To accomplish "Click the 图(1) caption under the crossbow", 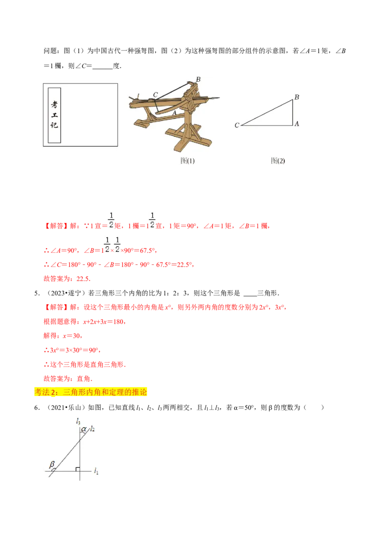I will tap(188, 161).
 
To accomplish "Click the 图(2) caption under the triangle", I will tap(278, 161).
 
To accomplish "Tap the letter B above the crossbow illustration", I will tap(198, 79).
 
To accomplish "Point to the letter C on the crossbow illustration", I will tap(155, 95).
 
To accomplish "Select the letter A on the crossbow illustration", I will tap(174, 113).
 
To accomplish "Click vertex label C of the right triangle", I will tap(237, 125).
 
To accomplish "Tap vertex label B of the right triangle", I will tap(296, 97).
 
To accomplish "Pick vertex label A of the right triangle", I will tap(296, 124).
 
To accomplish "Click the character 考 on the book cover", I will tap(54, 105).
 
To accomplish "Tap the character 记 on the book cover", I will tap(54, 126).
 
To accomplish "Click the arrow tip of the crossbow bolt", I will tap(218, 98).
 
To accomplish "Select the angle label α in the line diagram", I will tap(84, 429).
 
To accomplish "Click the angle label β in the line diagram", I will tap(52, 464).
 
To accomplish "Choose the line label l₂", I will tap(92, 429).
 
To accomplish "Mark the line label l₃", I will tap(78, 421).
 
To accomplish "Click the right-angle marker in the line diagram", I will tap(77, 469).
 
